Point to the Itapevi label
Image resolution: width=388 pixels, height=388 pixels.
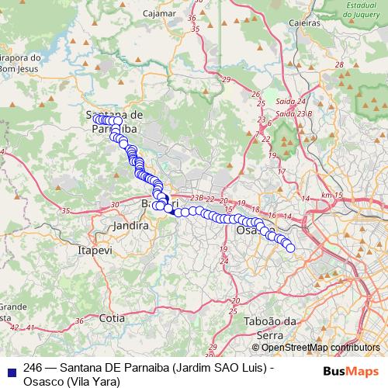[95, 251]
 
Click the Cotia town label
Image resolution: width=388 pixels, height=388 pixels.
[112, 318]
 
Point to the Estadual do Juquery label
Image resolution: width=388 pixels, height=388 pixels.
[359, 9]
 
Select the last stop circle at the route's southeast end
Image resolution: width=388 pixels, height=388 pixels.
[290, 248]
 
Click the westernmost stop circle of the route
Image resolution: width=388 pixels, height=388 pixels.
[97, 120]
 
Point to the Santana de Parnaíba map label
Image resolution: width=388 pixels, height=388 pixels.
[115, 122]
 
